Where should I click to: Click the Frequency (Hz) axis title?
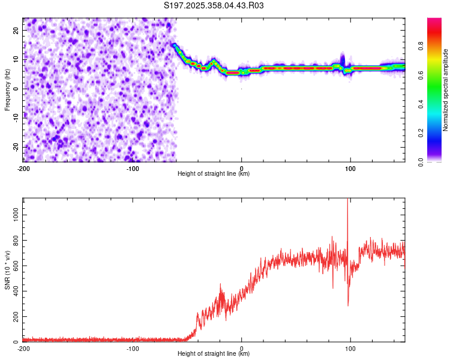[7, 89]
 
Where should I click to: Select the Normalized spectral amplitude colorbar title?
[445, 89]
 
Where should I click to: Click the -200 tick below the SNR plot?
[23, 349]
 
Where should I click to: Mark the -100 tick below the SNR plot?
[133, 349]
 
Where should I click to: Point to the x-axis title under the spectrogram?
[214, 174]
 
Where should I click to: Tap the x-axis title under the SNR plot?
[214, 355]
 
